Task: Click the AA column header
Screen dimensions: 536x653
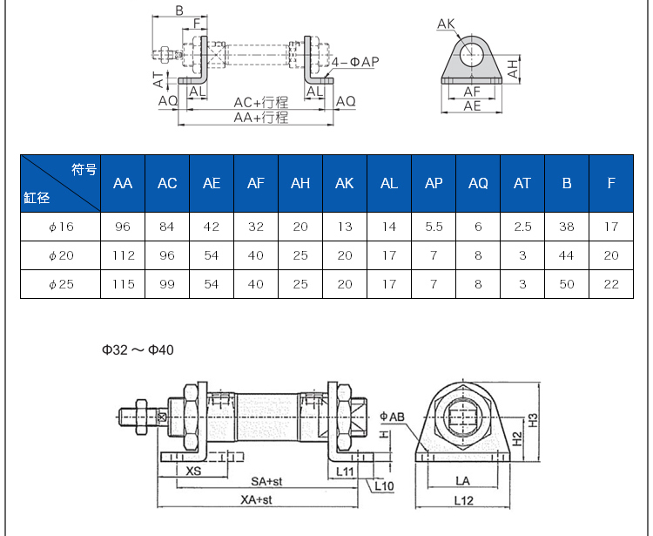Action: point(123,183)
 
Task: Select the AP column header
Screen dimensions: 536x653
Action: point(434,183)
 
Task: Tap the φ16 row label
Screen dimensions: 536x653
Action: point(61,227)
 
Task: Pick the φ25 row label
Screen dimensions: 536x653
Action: point(61,284)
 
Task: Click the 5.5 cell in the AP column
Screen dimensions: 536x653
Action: point(434,227)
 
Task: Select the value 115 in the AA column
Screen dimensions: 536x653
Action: point(123,284)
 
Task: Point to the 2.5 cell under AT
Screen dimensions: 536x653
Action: point(522,227)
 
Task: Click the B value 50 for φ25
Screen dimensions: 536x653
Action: point(567,284)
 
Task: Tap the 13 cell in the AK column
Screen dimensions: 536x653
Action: point(345,227)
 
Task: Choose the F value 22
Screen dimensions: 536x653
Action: point(611,284)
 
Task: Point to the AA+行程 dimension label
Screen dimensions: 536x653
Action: point(260,117)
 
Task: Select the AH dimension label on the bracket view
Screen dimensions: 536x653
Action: point(515,66)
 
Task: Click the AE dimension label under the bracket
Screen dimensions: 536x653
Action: point(472,105)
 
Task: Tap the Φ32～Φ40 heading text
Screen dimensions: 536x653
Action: point(138,349)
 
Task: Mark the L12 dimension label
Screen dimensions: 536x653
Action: point(463,499)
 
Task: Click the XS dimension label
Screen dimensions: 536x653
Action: point(194,471)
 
